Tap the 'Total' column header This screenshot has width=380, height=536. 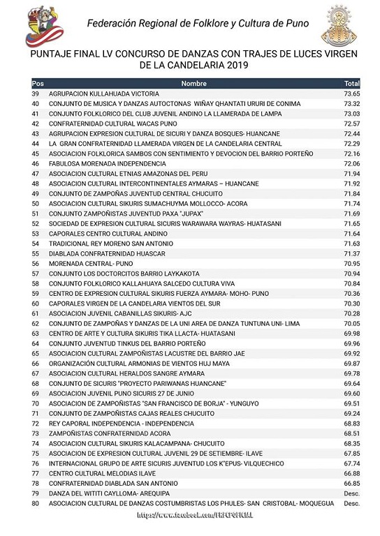coord(351,83)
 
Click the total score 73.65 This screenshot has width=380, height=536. coord(351,93)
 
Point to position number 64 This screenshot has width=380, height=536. coord(35,344)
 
